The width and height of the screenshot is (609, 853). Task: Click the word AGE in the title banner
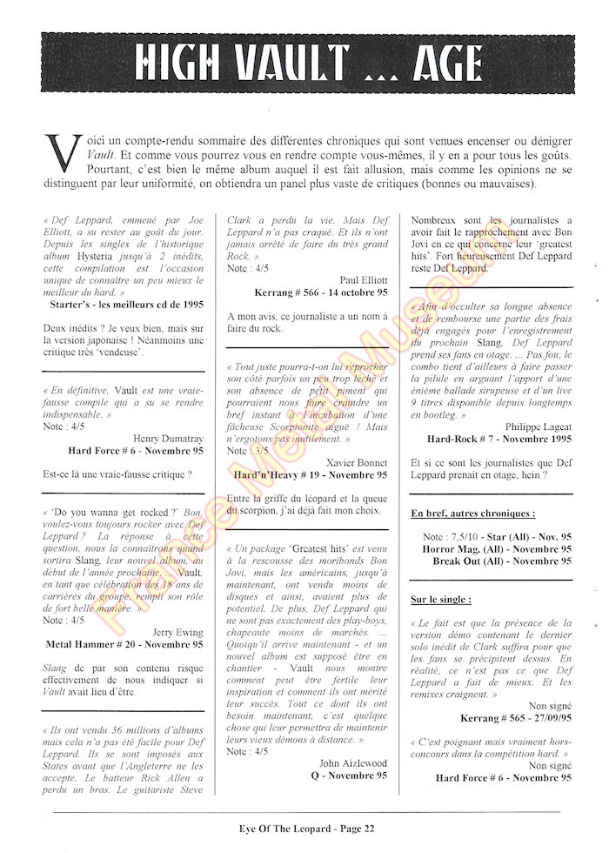pos(439,63)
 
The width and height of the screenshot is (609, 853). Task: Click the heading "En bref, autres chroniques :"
pos(472,513)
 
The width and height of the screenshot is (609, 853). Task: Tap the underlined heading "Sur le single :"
pos(442,600)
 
